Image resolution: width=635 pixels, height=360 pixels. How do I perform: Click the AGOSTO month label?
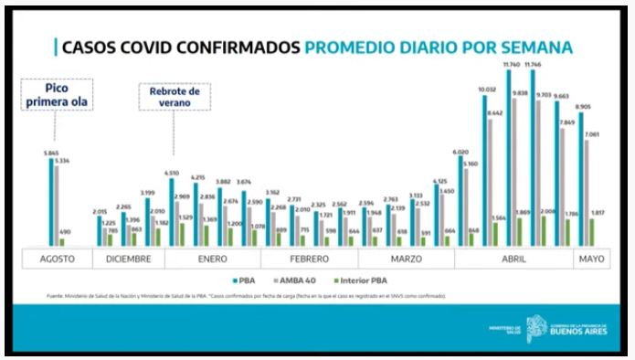tap(57, 259)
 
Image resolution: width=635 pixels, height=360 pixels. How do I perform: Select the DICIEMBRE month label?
tap(128, 259)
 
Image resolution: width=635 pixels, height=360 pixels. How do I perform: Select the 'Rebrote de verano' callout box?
tap(175, 97)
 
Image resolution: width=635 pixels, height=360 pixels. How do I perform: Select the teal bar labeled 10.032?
tap(485, 170)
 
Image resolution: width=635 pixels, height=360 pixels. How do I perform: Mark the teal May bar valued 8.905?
tap(581, 178)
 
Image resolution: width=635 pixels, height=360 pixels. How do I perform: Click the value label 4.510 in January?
tap(171, 172)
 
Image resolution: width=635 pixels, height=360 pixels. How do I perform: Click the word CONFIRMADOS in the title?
tap(232, 48)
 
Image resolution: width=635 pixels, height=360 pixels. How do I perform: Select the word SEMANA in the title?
tap(538, 48)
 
